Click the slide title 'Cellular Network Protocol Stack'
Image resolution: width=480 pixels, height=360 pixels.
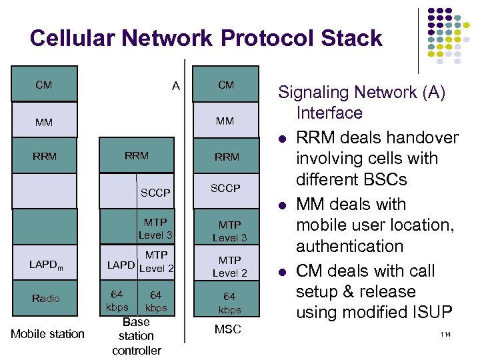pos(206,38)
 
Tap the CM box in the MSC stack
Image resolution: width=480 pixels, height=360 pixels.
pos(226,85)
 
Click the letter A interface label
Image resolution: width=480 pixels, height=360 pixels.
pos(175,85)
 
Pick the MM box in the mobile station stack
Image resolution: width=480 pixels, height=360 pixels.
pos(44,122)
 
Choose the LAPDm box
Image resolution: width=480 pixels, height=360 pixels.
pos(45,265)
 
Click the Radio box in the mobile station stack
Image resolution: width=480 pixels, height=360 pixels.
pos(45,298)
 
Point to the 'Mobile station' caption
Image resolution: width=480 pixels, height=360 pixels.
pos(47,333)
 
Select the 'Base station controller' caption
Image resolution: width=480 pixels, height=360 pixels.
pos(137,336)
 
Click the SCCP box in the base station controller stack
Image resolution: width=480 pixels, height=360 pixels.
pos(155,193)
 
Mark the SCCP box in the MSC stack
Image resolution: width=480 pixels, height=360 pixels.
pos(225,189)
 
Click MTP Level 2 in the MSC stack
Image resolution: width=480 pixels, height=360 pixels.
pos(229,267)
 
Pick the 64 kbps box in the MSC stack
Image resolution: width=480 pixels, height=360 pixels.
pos(229,303)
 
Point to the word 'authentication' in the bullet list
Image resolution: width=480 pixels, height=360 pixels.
pos(349,247)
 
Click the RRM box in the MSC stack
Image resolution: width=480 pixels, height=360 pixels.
pos(227,157)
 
